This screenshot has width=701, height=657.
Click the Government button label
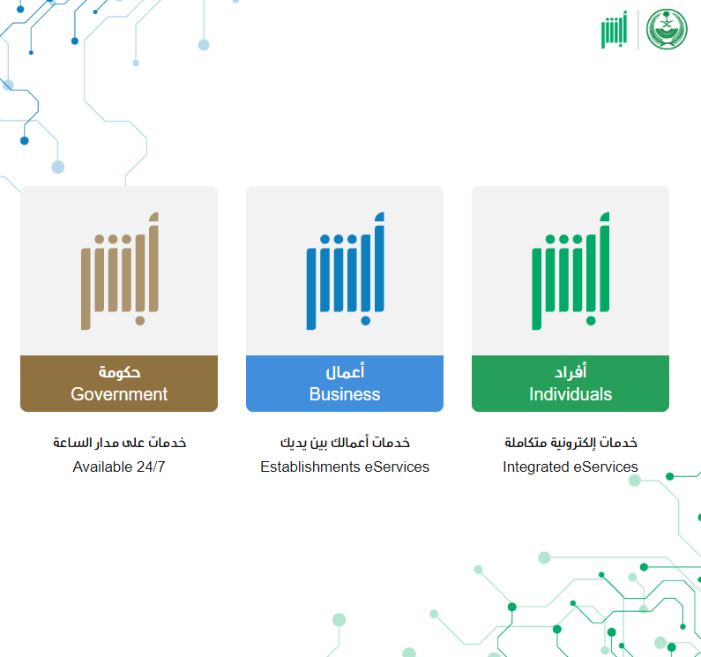pos(119,394)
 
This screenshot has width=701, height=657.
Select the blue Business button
pos(345,384)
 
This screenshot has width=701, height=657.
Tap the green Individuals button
pos(570,384)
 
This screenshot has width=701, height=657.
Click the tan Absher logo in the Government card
pos(119,271)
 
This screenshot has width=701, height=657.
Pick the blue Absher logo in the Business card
pos(345,271)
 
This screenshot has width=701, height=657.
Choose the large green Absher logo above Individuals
pos(570,271)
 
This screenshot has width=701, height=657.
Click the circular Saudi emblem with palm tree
pos(667,29)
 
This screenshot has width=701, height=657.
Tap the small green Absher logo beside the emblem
pos(615,29)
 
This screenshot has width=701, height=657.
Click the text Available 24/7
pos(119,467)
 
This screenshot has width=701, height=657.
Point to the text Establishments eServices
pos(345,467)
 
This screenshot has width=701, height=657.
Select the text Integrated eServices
pos(570,467)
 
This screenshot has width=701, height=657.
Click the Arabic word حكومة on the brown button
pos(119,372)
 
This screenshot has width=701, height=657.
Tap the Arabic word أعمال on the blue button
pos(345,371)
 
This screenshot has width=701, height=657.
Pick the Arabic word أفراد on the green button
pos(570,371)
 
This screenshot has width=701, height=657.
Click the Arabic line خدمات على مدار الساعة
pos(119,443)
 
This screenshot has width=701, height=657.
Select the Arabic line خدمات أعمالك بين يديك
pos(345,443)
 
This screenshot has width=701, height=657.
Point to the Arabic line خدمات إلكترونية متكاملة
pos(570,443)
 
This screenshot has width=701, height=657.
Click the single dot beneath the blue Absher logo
pos(365,321)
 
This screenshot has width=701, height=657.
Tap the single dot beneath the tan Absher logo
pos(140,321)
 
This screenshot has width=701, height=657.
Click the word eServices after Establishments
pos(397,467)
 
